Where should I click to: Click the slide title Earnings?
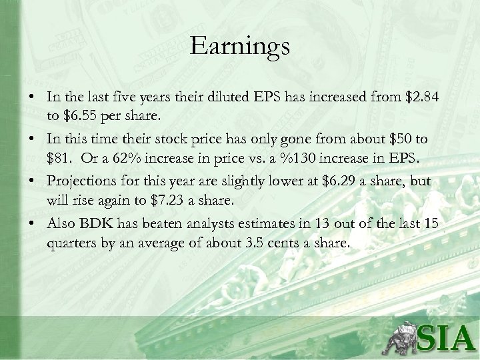tap(239, 47)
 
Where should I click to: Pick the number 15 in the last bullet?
tap(431, 225)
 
